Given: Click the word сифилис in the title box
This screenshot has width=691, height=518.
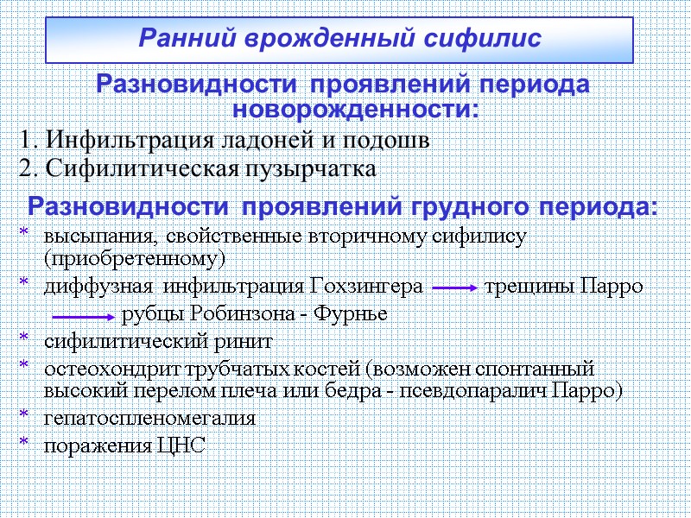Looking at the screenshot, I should pos(488,39).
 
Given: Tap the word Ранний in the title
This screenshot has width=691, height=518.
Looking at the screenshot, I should pos(181,39).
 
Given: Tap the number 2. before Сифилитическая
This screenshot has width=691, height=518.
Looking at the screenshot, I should pos(29,168).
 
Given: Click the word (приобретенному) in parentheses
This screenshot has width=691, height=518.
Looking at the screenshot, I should pos(133,258).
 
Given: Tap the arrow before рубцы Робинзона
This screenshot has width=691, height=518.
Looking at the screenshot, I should pos(82,314).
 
